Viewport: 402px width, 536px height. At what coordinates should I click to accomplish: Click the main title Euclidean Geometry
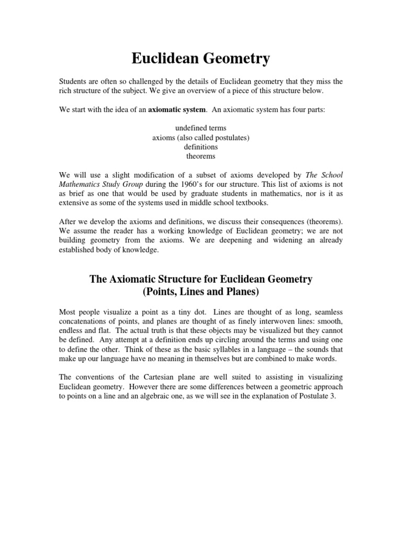(x=200, y=59)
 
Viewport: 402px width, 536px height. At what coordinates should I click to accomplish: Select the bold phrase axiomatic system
(x=178, y=110)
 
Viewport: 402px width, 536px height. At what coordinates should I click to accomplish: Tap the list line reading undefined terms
(x=200, y=128)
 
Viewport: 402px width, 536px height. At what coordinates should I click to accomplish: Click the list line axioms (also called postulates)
(x=200, y=138)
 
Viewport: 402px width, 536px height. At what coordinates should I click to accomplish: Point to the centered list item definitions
(x=200, y=147)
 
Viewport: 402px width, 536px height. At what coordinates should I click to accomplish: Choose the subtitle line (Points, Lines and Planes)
(x=200, y=291)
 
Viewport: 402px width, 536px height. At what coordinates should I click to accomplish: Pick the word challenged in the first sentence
(x=137, y=82)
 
